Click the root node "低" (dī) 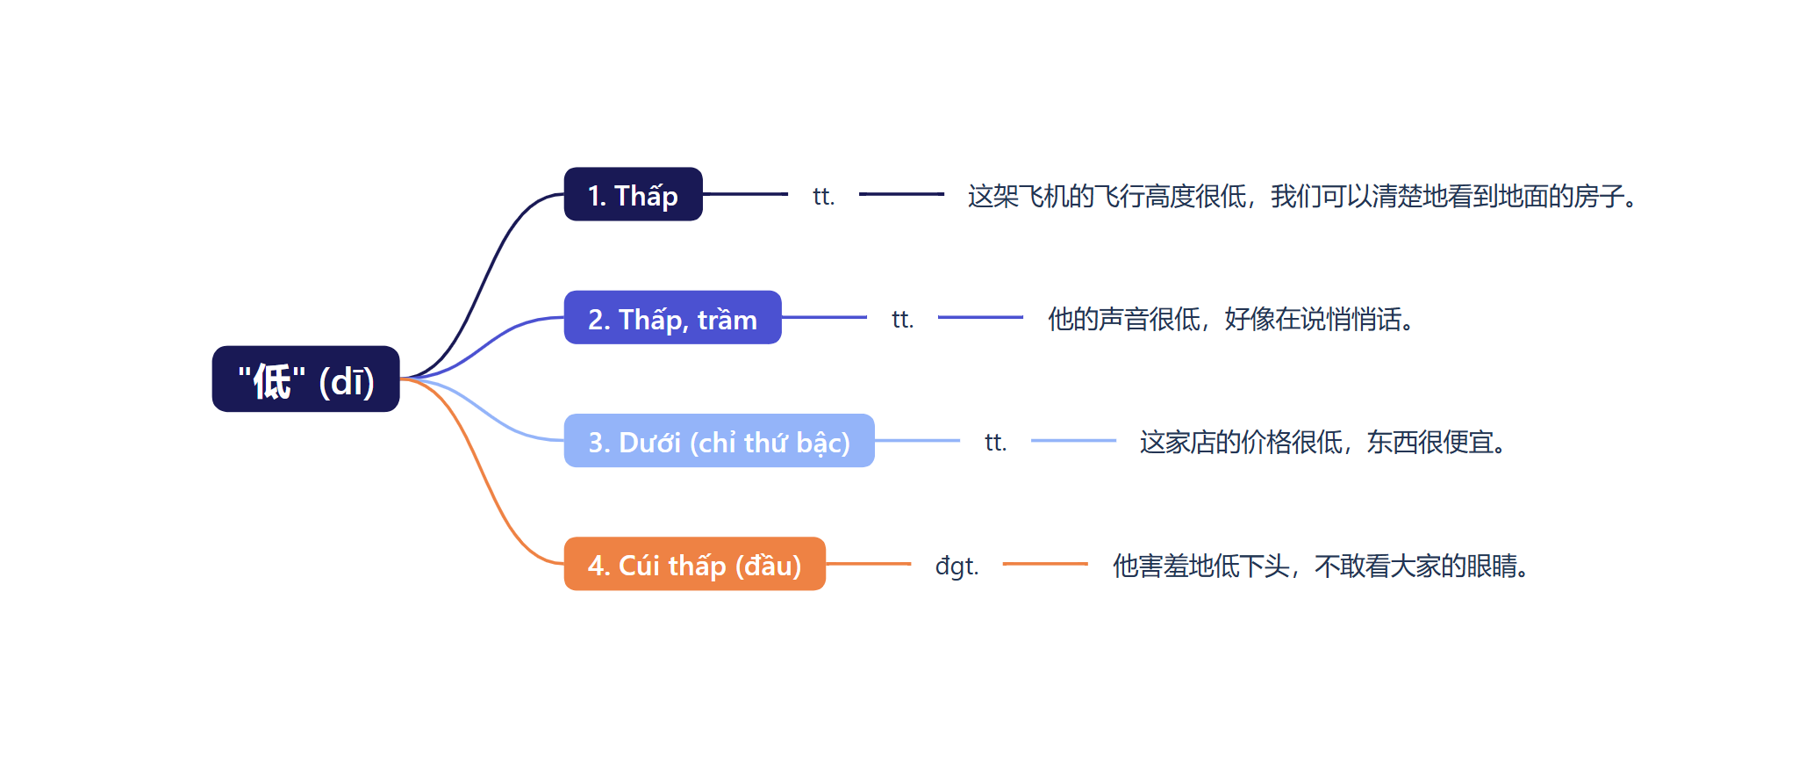(305, 379)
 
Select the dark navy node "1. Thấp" (633, 194)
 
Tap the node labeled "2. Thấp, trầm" (672, 318)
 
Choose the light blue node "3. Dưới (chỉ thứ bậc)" (719, 441)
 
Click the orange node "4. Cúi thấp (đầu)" (694, 564)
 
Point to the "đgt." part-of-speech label (957, 565)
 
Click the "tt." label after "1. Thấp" (823, 196)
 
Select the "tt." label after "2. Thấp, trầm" (902, 319)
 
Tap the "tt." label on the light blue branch (995, 442)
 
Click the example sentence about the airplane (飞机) (1302, 196)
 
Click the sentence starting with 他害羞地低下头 (1321, 566)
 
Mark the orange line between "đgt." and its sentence (1045, 564)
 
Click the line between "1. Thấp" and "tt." (745, 194)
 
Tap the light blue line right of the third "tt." (1073, 441)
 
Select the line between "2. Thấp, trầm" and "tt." (824, 317)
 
